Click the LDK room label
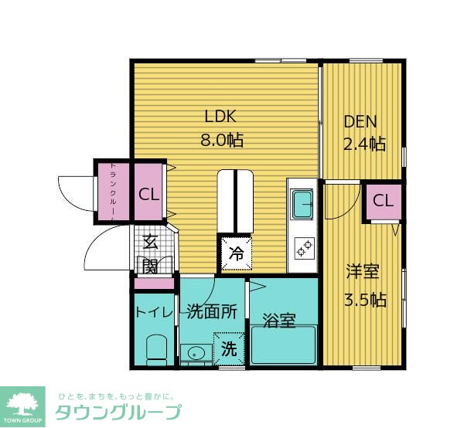click(220, 116)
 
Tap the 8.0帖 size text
click(222, 140)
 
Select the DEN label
click(360, 121)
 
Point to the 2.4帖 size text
click(364, 144)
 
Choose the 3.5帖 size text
click(365, 300)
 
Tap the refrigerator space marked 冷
click(237, 253)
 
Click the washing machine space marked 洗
click(229, 348)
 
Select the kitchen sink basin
click(302, 204)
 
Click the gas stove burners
click(305, 248)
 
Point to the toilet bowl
click(156, 350)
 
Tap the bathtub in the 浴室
click(284, 345)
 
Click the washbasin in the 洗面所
click(196, 353)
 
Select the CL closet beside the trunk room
click(148, 192)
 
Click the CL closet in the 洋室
click(383, 202)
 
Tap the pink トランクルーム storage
click(114, 192)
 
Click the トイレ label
click(154, 312)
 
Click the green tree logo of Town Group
click(22, 406)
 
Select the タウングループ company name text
click(118, 412)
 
